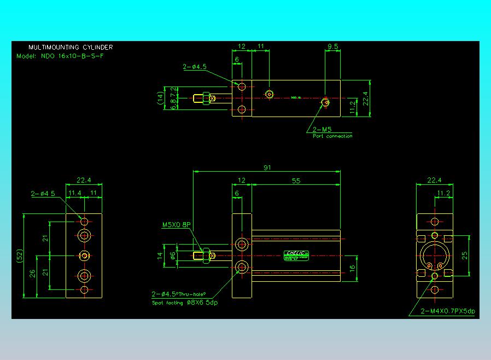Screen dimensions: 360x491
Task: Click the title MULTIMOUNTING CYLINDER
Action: [71, 48]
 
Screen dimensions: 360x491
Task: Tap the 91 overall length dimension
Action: [267, 167]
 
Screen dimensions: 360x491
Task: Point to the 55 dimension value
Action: [296, 181]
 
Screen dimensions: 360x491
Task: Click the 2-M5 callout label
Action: [322, 130]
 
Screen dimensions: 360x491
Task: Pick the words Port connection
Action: [332, 136]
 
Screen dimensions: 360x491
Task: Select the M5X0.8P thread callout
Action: [177, 225]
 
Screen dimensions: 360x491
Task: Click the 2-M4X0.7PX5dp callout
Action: [448, 311]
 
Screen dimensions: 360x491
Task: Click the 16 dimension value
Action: [352, 269]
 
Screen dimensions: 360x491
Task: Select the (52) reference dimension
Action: [19, 256]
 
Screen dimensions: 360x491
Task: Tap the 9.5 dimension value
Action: [332, 46]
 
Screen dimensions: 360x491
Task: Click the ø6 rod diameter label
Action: [173, 255]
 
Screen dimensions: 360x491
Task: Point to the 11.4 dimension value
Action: [74, 193]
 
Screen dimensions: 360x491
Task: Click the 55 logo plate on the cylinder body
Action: [297, 255]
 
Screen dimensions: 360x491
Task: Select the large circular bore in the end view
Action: [435, 256]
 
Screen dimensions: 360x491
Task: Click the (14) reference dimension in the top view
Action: [160, 98]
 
